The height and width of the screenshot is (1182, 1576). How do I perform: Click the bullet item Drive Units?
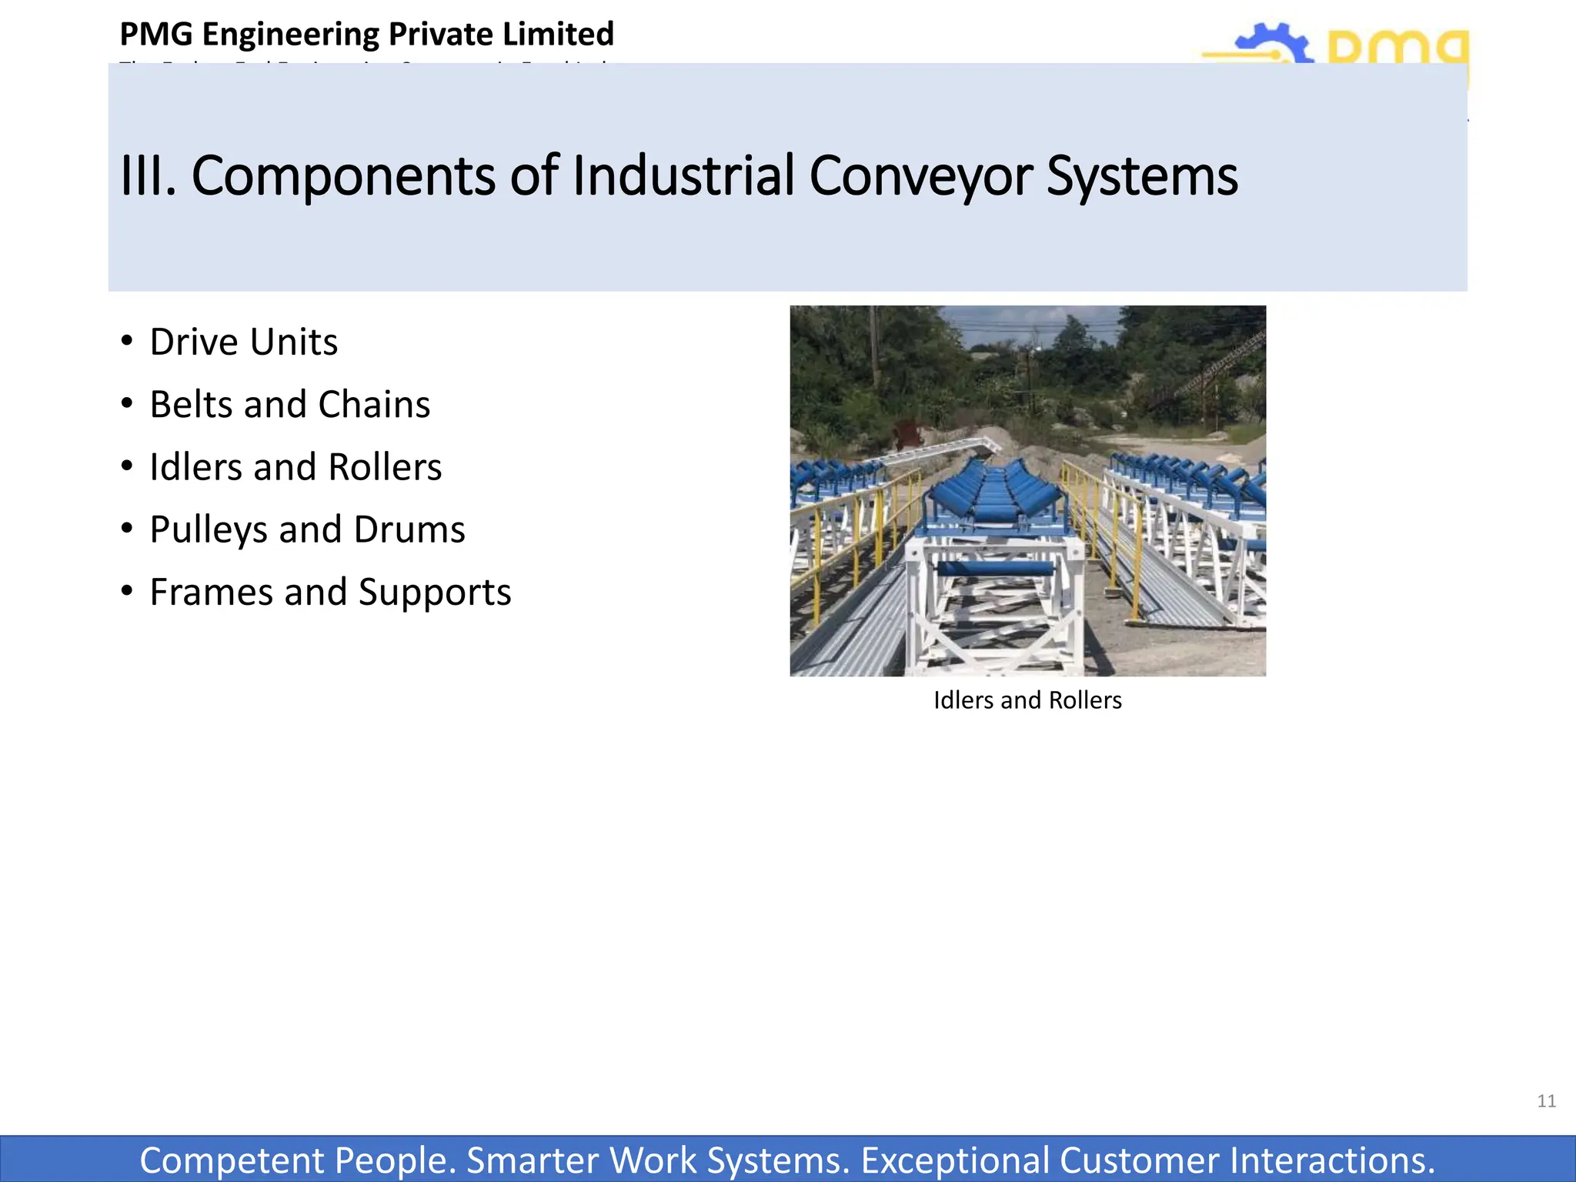tap(243, 342)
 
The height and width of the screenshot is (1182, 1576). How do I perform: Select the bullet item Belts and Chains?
tap(289, 405)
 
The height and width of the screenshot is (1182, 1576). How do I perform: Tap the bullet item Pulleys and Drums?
tap(307, 529)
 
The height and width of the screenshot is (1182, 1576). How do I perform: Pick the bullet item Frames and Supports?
tap(330, 593)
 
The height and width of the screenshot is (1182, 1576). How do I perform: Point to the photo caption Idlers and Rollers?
tap(1027, 700)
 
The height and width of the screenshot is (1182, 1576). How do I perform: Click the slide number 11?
tap(1546, 1101)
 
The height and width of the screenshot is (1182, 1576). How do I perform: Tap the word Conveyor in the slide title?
tap(920, 176)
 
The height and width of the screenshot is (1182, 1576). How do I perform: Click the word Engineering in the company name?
tap(291, 35)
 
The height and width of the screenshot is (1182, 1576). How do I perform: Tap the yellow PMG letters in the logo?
tap(1397, 50)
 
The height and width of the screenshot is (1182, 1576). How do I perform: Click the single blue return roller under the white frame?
tap(994, 569)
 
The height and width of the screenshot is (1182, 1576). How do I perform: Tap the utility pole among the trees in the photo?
tap(874, 346)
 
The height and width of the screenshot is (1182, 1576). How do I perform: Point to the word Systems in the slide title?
tap(1142, 176)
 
